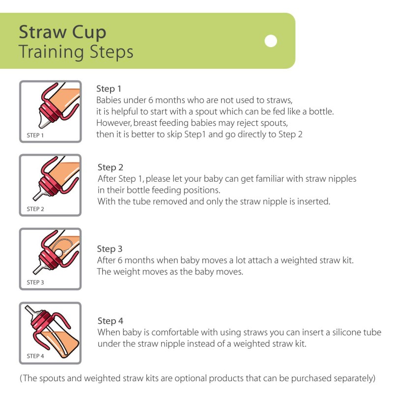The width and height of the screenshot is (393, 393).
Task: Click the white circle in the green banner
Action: (271, 41)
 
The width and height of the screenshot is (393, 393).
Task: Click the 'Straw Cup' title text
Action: (62, 32)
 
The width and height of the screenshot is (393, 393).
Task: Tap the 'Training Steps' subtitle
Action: (76, 52)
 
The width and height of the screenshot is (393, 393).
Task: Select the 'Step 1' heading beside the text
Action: (109, 89)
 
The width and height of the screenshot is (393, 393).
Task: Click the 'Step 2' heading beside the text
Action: (110, 168)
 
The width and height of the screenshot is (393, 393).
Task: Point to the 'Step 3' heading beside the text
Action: (110, 249)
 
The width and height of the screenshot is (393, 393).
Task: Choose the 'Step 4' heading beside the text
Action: (110, 321)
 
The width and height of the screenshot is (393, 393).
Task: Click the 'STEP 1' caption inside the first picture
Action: (35, 135)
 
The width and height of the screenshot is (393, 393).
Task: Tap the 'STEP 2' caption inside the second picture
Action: (35, 209)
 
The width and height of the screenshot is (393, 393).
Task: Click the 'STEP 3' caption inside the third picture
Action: (35, 282)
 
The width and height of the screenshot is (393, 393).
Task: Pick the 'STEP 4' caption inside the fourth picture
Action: (35, 356)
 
